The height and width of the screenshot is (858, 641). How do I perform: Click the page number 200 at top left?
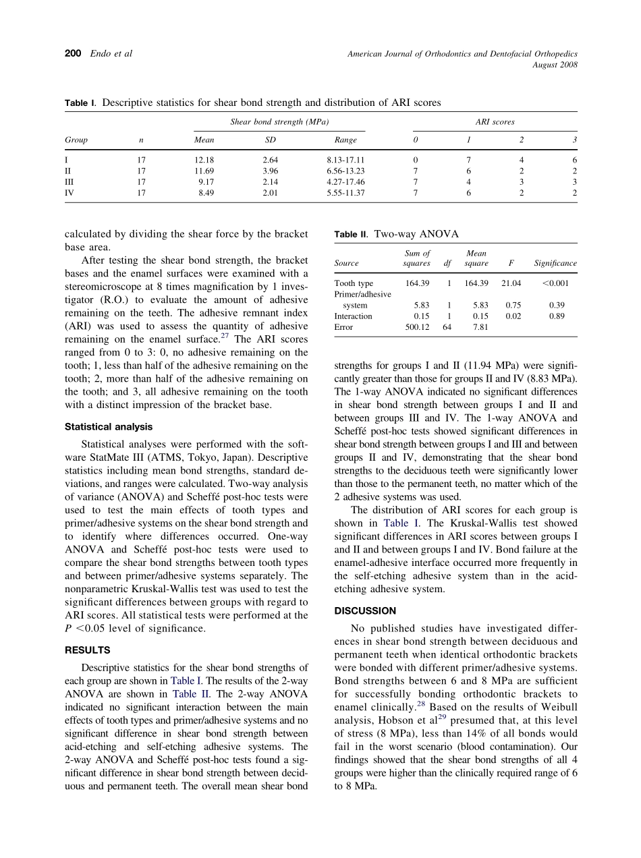[x=73, y=53]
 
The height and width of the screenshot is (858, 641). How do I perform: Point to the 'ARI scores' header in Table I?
[x=495, y=122]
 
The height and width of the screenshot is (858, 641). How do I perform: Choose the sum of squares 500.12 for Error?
[x=417, y=327]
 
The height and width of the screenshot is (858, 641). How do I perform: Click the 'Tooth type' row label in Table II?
[x=354, y=283]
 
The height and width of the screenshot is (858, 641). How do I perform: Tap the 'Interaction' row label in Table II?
[x=353, y=316]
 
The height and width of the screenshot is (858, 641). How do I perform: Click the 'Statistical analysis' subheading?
[x=109, y=427]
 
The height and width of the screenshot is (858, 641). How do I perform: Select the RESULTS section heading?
[x=87, y=650]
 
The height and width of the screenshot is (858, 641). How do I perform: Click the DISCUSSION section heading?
[x=365, y=611]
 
